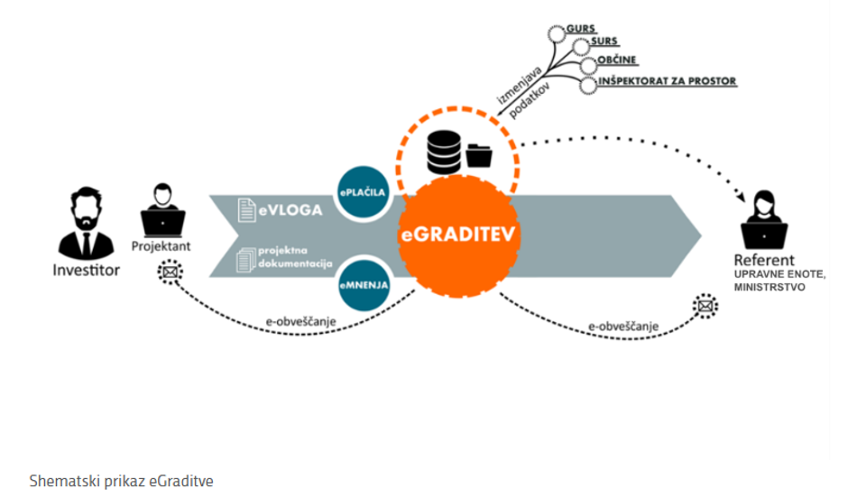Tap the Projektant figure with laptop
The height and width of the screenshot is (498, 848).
click(163, 211)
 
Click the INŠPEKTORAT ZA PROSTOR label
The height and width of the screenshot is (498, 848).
click(668, 81)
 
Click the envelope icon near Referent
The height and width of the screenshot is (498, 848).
click(705, 307)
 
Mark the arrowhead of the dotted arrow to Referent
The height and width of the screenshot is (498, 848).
click(746, 196)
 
